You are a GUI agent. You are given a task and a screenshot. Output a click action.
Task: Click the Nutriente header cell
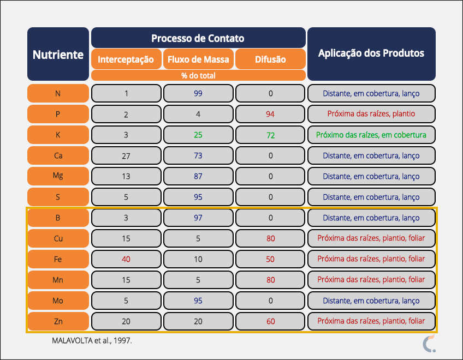[58, 55]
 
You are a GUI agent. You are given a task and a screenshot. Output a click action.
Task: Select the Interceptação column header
[126, 59]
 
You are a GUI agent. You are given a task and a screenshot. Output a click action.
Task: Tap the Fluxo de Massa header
[198, 59]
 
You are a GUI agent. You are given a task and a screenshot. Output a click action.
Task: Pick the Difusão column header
[270, 59]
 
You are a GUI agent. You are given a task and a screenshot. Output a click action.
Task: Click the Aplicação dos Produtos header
[371, 53]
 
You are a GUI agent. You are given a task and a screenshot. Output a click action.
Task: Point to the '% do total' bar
[198, 76]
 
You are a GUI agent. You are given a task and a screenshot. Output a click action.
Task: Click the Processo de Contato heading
[198, 38]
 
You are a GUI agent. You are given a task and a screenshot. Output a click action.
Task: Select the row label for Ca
[58, 155]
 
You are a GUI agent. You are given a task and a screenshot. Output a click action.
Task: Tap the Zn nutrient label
[58, 321]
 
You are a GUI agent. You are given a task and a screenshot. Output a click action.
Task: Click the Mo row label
[58, 301]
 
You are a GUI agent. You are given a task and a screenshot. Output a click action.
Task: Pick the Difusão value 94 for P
[270, 114]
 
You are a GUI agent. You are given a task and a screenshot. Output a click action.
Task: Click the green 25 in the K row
[198, 135]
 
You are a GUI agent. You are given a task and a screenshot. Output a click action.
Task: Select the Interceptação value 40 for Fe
[126, 259]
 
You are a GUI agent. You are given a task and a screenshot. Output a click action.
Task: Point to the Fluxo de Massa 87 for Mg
[198, 176]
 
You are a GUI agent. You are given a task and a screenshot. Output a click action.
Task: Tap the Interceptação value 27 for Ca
[126, 155]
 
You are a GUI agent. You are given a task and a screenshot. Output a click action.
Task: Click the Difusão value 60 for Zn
[270, 321]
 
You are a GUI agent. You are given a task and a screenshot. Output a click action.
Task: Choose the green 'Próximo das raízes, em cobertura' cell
[371, 135]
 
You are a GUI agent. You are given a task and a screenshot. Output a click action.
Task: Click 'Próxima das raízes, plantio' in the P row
[371, 114]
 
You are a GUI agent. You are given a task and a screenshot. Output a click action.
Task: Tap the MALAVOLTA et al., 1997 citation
[92, 340]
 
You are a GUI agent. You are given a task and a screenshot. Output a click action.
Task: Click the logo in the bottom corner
[429, 344]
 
